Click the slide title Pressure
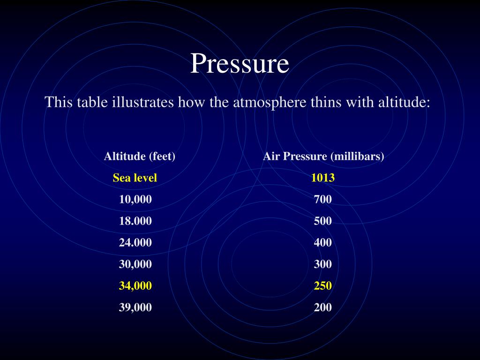click(240, 63)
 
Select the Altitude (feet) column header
click(140, 156)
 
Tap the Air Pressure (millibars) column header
click(323, 156)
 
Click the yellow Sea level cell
click(135, 178)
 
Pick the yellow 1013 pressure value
click(323, 178)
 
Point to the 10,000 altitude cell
click(135, 199)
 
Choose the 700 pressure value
click(323, 199)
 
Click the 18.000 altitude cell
click(135, 221)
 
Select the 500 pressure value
click(323, 221)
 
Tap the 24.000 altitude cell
click(135, 242)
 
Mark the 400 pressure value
click(323, 242)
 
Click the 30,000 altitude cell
click(135, 264)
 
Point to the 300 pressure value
click(323, 264)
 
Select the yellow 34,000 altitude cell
click(135, 285)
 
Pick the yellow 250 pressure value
click(323, 285)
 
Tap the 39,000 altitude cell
click(135, 307)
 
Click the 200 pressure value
click(323, 307)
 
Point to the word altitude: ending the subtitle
click(404, 102)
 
